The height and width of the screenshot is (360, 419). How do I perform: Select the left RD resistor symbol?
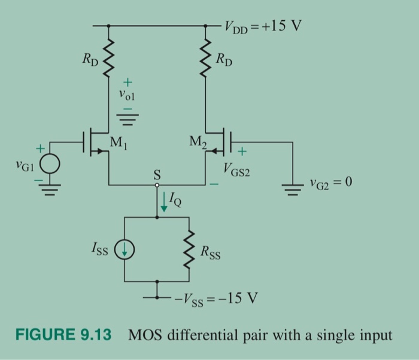click(x=108, y=60)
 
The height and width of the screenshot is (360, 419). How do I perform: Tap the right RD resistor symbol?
click(x=207, y=60)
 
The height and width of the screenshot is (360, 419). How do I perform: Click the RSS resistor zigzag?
click(x=190, y=251)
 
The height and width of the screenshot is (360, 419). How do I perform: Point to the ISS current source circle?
click(x=125, y=251)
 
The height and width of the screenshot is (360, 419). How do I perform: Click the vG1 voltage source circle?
click(x=50, y=163)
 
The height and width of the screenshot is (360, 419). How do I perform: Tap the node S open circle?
click(x=157, y=186)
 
